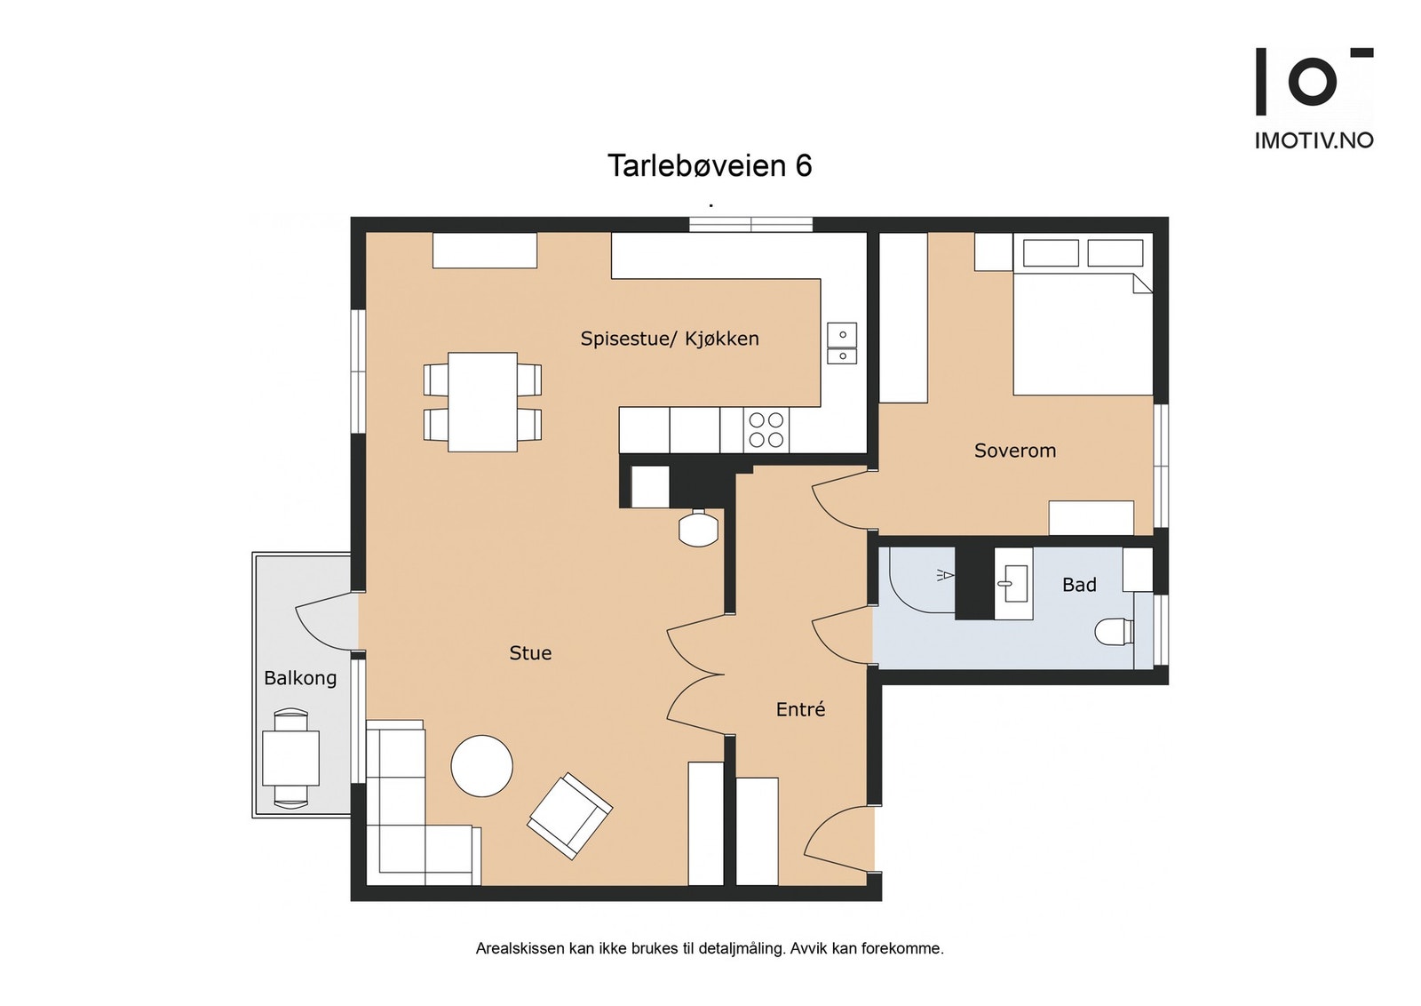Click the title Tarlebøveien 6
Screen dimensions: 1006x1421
710,166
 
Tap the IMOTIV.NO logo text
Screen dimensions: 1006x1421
1314,140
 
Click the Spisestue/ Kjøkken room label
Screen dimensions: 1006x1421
670,339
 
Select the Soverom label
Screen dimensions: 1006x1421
1015,451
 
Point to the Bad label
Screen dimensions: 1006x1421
1079,585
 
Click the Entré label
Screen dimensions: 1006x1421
800,709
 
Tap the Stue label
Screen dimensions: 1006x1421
530,653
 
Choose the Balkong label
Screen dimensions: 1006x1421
300,678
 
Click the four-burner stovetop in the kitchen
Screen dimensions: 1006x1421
766,429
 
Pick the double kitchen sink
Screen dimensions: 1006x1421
842,344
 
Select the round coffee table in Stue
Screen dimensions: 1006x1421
482,766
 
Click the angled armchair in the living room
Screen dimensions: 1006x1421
569,815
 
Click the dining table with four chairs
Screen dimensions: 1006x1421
482,402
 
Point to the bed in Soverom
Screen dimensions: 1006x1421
1083,333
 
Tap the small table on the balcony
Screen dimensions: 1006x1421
290,758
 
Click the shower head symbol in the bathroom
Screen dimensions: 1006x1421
944,575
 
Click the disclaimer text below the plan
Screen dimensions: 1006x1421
710,948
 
